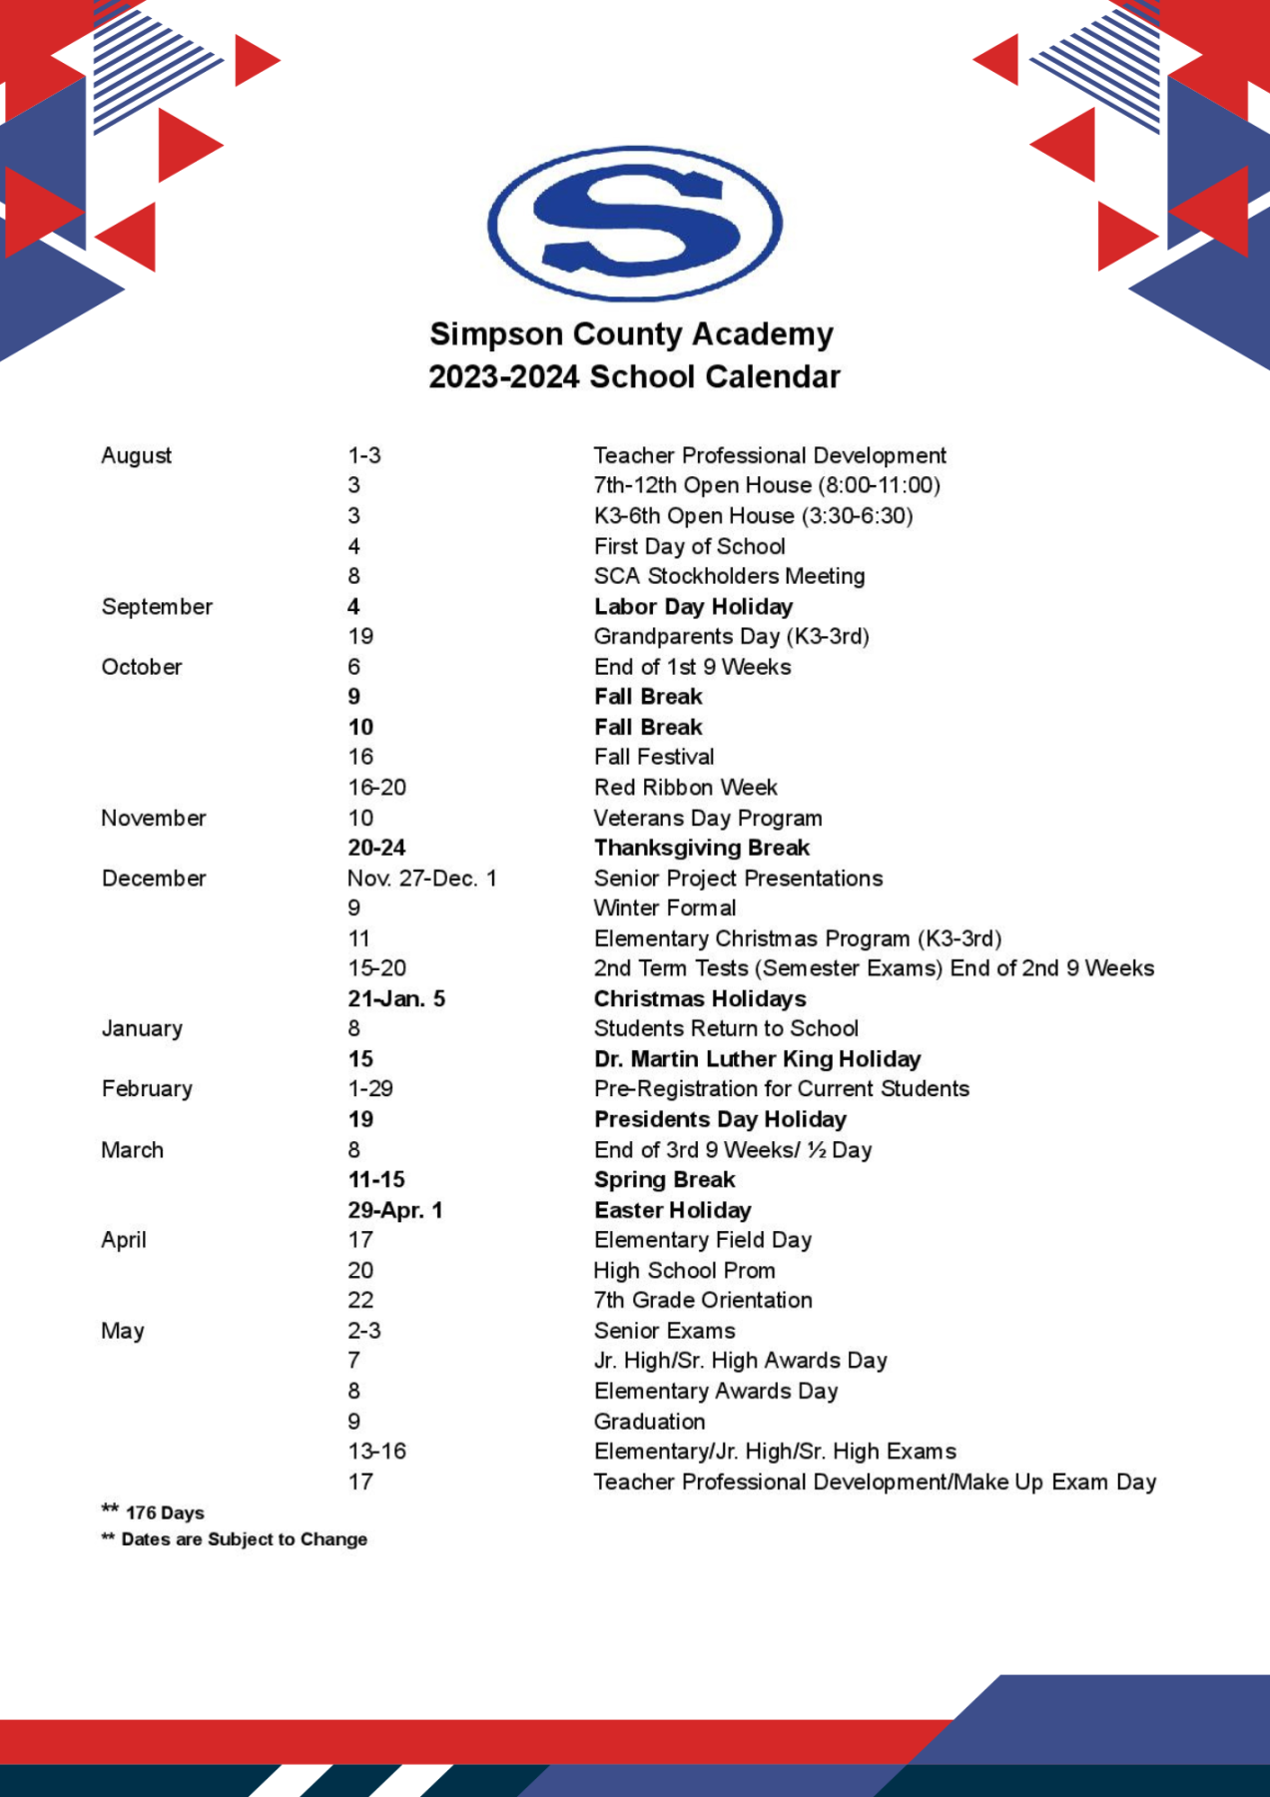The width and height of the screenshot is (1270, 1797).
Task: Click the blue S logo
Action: click(635, 224)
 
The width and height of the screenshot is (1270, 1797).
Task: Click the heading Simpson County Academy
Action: click(631, 334)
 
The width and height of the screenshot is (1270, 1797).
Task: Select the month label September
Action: click(157, 607)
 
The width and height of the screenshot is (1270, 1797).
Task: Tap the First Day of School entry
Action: click(689, 546)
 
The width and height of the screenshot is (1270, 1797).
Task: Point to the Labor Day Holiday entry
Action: click(693, 607)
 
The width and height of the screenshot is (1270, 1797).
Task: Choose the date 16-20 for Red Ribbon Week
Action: click(376, 788)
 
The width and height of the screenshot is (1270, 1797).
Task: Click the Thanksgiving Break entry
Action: click(701, 848)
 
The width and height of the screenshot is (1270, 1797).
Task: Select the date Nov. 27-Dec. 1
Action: click(421, 879)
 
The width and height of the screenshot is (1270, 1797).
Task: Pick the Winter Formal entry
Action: click(665, 908)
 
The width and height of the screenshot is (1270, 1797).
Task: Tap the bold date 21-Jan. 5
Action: click(395, 999)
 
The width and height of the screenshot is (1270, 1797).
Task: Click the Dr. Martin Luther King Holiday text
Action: click(757, 1059)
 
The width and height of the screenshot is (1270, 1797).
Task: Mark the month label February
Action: click(147, 1089)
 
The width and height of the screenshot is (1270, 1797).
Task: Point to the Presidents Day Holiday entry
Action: click(720, 1119)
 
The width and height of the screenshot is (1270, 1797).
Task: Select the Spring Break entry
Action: click(664, 1180)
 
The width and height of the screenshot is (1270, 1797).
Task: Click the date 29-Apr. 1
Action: click(394, 1210)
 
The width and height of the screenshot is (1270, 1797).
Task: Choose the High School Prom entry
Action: click(684, 1271)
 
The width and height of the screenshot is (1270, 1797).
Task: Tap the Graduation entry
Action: click(649, 1422)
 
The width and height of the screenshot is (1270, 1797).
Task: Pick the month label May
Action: click(123, 1331)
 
